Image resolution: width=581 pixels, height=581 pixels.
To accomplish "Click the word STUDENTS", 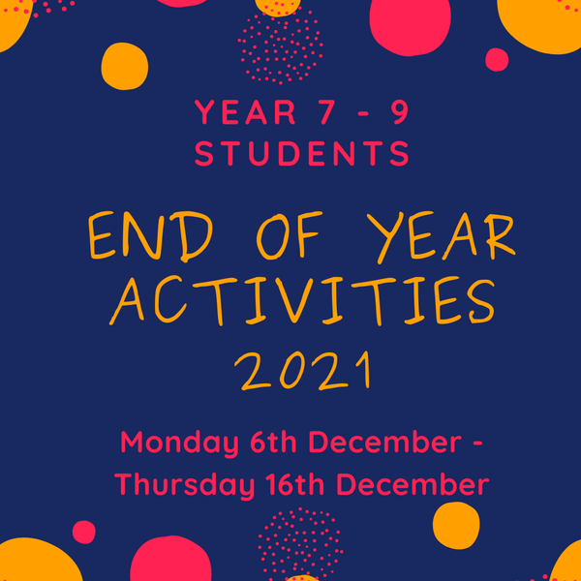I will [302, 153].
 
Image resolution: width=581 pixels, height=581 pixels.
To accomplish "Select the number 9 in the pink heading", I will [398, 113].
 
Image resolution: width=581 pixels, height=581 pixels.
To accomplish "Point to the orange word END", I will [143, 237].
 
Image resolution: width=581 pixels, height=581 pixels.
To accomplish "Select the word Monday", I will [178, 443].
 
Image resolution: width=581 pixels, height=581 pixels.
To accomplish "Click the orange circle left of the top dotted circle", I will [125, 66].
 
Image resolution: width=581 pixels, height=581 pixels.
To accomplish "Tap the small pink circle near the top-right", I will [497, 60].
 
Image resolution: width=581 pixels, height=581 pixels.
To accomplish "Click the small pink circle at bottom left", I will [84, 532].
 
